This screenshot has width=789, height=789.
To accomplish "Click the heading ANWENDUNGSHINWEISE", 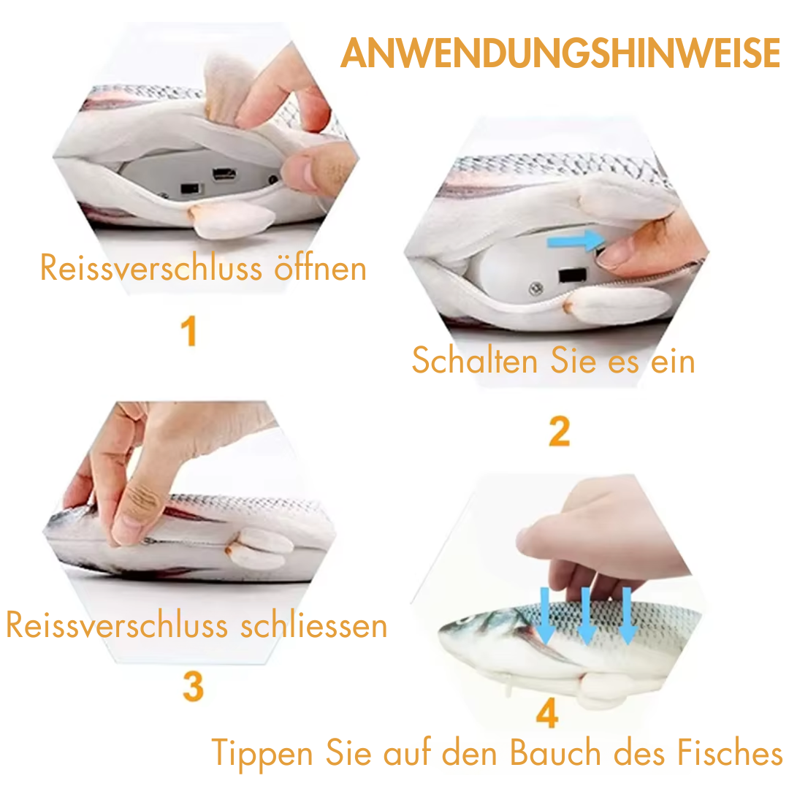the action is (560, 53).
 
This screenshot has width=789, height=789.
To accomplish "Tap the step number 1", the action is (188, 331).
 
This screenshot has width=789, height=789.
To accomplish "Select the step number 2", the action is (560, 431).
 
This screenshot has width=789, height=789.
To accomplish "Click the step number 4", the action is (547, 712).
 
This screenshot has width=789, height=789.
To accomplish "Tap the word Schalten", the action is (475, 359).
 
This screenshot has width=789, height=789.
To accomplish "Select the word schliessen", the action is (314, 625).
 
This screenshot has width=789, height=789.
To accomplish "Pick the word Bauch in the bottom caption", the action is (555, 752).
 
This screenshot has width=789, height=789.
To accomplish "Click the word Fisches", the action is (730, 752).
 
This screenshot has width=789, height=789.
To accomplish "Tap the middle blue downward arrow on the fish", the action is (586, 617).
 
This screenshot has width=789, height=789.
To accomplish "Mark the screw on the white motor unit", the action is (536, 289).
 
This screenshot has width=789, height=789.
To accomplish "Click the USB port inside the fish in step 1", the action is (224, 174).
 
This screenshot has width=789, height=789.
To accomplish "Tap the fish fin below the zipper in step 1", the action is (232, 219).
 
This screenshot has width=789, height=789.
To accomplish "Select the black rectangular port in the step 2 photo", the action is (573, 275).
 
